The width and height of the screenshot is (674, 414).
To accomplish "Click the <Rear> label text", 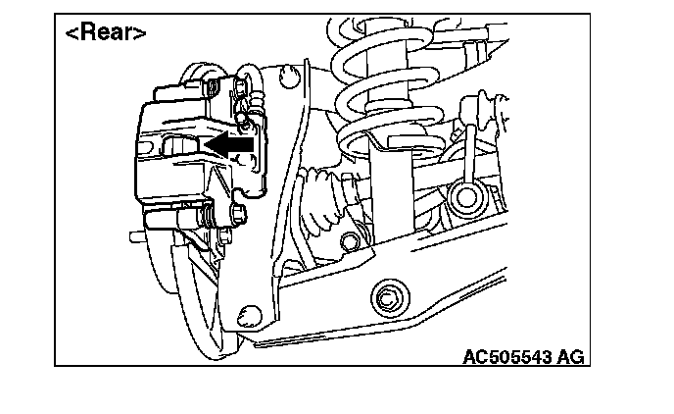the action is tap(106, 32).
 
